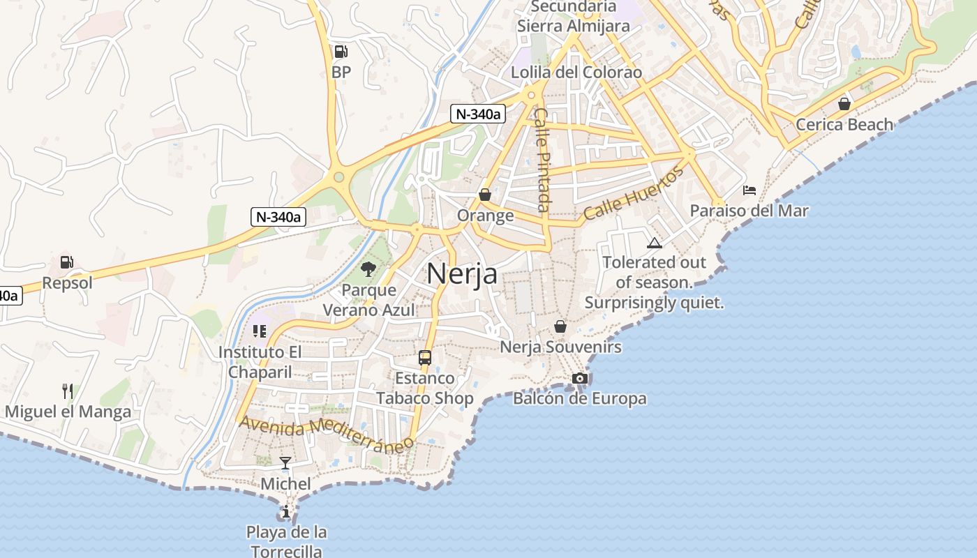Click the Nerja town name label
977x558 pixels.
(x=462, y=273)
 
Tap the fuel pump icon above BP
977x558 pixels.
(x=341, y=51)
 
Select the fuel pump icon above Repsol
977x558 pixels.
(x=66, y=262)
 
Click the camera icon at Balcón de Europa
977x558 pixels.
(x=579, y=378)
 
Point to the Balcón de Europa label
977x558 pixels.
(x=579, y=399)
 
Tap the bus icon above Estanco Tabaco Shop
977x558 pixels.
(x=424, y=358)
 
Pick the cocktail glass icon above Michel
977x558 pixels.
(x=285, y=462)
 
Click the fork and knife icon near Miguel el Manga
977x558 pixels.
(x=68, y=391)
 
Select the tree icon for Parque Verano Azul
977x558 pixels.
(x=368, y=269)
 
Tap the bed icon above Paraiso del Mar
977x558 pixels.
(x=749, y=190)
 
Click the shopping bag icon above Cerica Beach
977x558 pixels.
(x=844, y=104)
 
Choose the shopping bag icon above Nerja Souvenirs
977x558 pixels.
(x=560, y=326)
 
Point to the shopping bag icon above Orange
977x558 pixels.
(x=485, y=195)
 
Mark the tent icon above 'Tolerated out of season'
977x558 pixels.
(x=654, y=243)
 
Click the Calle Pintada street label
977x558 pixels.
(x=543, y=160)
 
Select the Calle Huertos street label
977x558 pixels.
(x=632, y=193)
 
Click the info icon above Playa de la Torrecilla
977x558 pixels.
(x=286, y=512)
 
